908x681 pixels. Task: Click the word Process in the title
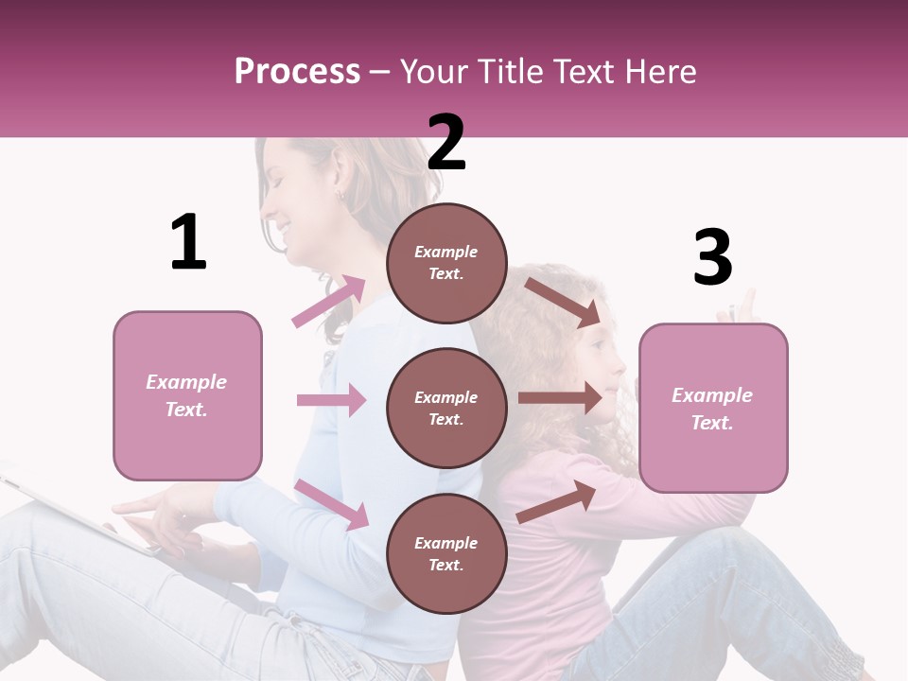297,71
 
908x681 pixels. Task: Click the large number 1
188,242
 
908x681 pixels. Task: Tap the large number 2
446,143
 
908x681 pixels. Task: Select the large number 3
713,257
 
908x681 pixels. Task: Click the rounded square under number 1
187,395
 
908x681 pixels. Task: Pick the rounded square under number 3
713,409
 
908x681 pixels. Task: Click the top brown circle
446,263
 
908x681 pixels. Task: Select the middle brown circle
446,408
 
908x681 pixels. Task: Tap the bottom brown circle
446,553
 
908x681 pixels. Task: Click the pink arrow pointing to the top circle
328,302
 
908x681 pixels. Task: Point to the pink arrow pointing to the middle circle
331,400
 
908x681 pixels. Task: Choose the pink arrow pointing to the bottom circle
331,503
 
